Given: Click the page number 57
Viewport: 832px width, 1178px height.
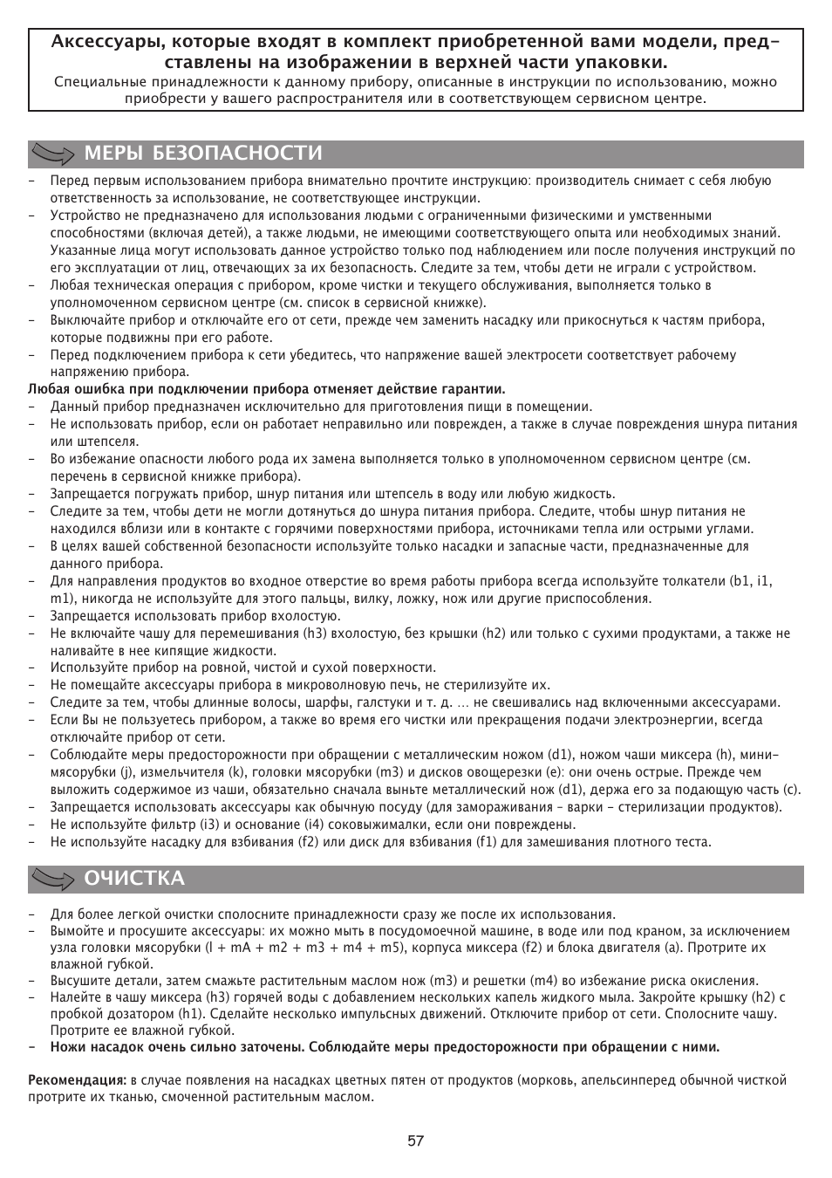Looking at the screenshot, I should coord(415,1140).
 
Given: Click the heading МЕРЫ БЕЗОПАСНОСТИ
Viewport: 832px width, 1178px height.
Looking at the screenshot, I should coord(203,154).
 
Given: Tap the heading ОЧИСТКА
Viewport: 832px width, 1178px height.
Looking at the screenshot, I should coord(134,879).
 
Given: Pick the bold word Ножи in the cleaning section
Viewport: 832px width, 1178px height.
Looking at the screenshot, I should coord(67,1047).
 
